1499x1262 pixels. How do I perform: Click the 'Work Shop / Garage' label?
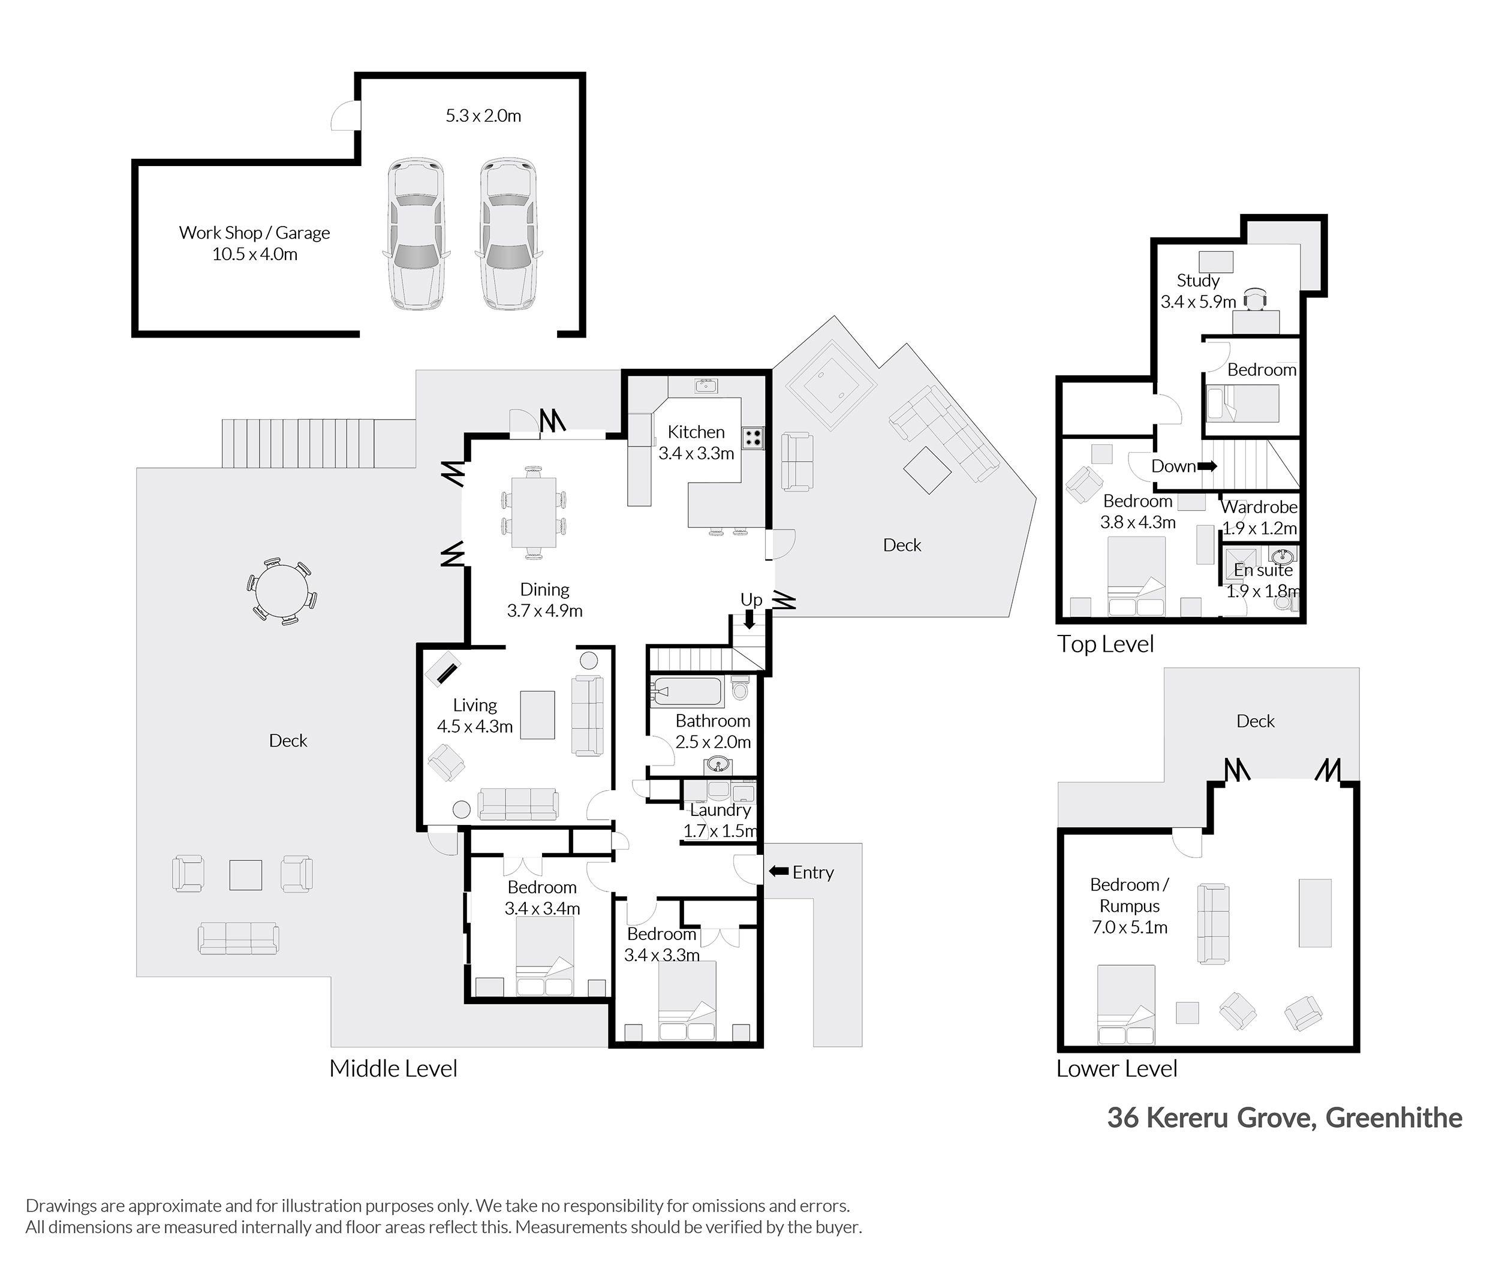(254, 233)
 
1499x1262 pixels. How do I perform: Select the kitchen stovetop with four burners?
(752, 437)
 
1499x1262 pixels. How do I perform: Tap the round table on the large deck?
(282, 592)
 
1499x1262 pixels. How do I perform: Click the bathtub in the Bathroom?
(686, 691)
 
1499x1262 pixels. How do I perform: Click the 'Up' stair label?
(751, 600)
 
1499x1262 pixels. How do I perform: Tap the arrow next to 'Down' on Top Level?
(1207, 466)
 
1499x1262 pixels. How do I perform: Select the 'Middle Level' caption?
(393, 1068)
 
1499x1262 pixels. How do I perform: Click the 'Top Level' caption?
(1106, 644)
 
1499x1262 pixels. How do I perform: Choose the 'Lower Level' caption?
(1117, 1068)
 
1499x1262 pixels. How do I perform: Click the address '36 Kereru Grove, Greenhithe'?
(1284, 1118)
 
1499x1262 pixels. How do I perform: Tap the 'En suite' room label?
(1263, 570)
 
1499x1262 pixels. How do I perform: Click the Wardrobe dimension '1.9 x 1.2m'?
(1259, 528)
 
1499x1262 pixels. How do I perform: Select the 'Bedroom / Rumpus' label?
(1129, 895)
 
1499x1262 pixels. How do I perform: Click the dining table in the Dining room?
(533, 511)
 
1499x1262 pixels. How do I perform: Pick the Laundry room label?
(720, 810)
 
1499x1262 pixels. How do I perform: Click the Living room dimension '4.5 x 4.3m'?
(474, 727)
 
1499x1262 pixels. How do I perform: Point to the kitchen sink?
(706, 386)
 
